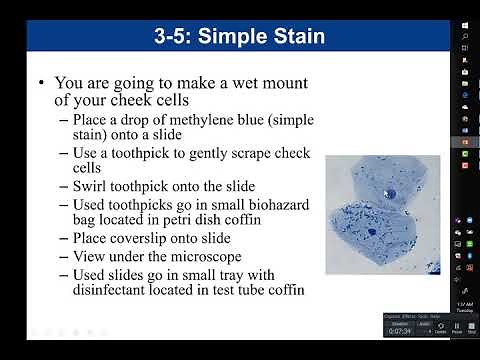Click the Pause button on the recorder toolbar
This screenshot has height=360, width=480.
(457, 327)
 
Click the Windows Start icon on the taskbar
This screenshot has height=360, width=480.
(466, 22)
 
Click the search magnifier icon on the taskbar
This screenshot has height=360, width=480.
(466, 39)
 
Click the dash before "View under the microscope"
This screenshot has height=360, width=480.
(64, 256)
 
